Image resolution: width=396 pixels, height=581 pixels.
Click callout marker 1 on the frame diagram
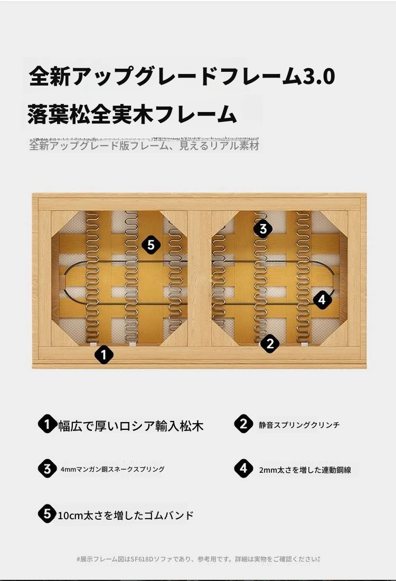pos(103,354)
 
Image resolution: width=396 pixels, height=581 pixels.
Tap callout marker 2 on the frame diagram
pos(270,343)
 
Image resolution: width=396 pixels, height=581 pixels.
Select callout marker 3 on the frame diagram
pos(263,228)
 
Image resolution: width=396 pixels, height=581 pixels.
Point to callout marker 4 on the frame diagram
pos(322,299)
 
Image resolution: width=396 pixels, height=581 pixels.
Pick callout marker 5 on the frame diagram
pos(151,245)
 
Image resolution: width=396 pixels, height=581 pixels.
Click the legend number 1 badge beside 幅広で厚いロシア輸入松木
pos(47,424)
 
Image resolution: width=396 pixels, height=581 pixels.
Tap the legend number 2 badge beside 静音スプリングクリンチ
pos(243,424)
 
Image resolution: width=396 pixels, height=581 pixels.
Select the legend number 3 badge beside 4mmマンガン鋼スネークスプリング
pos(47,468)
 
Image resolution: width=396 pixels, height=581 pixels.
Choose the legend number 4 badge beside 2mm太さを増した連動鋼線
pos(243,468)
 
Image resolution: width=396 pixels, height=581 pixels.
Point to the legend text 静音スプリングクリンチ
pos(299,425)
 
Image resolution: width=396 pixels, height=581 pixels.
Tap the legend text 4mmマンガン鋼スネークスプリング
pos(112,469)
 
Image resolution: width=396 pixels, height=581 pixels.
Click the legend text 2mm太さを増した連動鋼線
pos(305,470)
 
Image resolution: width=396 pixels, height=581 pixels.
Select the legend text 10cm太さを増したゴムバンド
pos(126,516)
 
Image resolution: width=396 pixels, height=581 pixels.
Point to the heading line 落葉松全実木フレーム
pos(132,114)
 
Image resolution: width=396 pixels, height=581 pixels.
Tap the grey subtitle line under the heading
pos(144,145)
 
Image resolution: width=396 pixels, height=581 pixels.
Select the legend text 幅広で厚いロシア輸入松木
pos(131,426)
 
